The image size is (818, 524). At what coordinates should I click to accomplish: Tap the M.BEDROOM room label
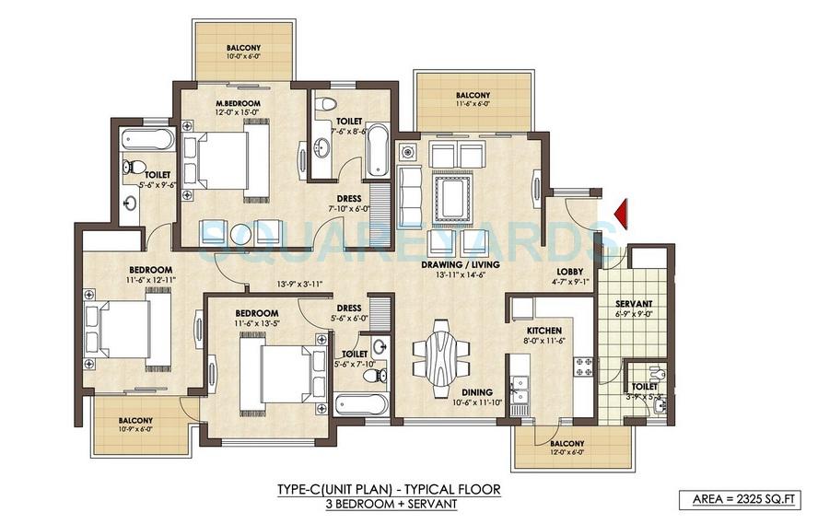(x=237, y=102)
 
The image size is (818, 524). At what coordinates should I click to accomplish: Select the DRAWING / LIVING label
(x=460, y=265)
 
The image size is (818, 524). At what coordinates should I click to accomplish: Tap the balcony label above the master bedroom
(x=243, y=50)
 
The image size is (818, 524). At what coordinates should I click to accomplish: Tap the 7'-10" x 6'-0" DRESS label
(x=349, y=204)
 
